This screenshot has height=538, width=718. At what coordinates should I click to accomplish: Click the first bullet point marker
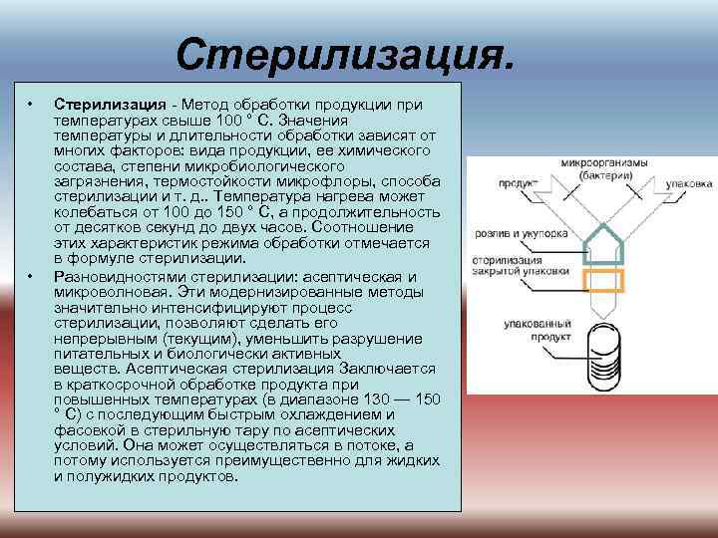[32, 104]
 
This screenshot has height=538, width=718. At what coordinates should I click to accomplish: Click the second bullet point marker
[32, 276]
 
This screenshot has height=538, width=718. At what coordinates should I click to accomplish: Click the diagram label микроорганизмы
[604, 162]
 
